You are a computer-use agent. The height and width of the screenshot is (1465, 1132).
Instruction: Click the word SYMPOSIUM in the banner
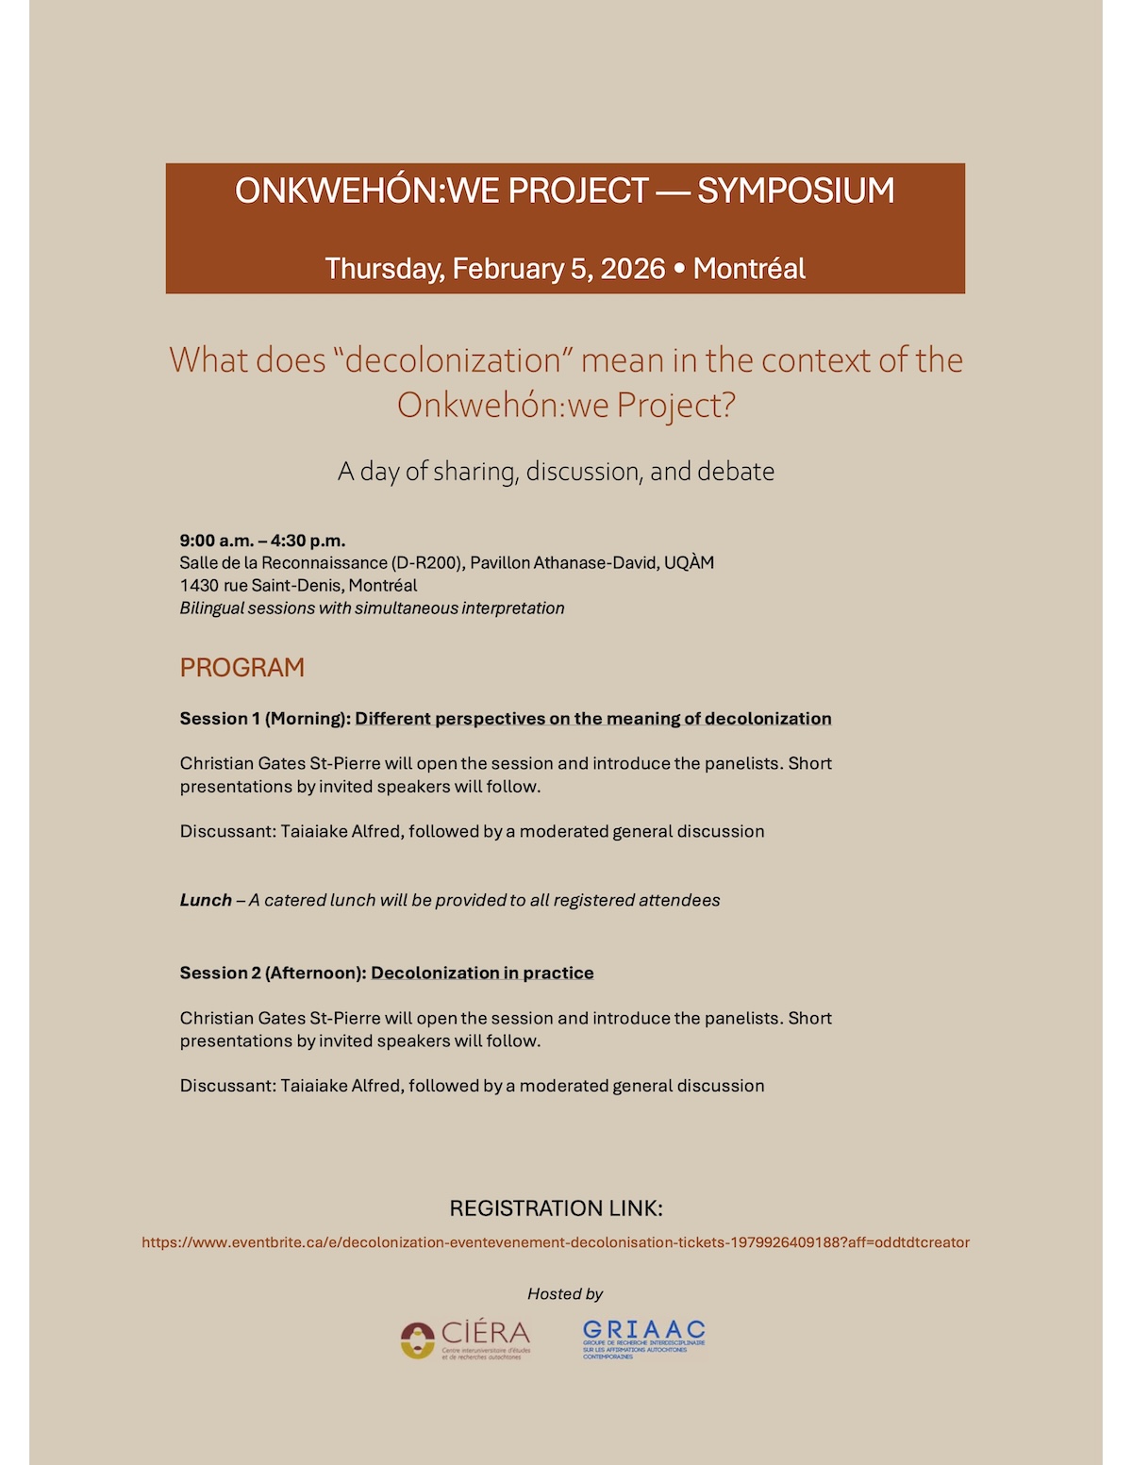(795, 191)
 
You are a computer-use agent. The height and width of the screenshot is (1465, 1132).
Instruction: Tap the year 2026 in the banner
(633, 269)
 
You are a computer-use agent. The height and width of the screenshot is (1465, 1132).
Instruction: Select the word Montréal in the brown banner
(749, 269)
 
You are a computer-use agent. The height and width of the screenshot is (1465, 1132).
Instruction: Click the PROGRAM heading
(242, 668)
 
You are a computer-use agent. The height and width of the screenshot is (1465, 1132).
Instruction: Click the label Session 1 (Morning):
(265, 719)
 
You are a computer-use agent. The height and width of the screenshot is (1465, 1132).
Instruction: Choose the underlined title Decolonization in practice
(482, 974)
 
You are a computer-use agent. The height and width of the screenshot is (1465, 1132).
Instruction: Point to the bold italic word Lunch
(206, 901)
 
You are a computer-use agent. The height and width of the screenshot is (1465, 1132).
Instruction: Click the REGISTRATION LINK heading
(556, 1208)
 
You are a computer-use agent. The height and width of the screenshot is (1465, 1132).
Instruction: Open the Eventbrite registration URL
(556, 1242)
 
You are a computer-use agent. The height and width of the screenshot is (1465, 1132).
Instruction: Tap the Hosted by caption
(565, 1294)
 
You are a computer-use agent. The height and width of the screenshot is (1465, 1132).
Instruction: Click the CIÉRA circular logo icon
(417, 1340)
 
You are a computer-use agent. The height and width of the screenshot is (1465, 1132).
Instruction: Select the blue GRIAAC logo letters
(644, 1330)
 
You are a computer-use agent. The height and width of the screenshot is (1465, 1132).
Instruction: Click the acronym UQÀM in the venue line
(689, 563)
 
